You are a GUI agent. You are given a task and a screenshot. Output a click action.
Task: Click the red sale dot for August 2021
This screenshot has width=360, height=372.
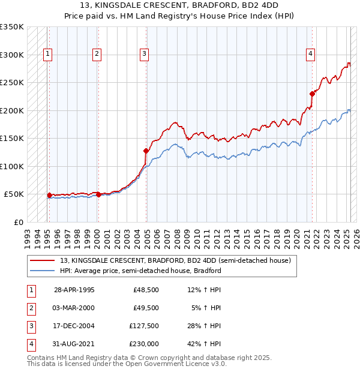(312, 94)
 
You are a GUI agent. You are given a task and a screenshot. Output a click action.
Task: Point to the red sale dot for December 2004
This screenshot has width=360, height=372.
(146, 151)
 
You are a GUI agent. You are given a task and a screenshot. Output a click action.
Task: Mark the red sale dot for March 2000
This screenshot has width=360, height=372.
(98, 194)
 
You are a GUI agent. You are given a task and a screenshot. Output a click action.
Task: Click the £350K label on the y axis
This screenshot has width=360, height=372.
(12, 27)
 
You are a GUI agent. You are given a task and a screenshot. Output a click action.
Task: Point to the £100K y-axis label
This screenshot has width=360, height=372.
(12, 166)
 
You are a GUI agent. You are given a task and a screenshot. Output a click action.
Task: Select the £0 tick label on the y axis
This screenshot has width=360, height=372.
(18, 222)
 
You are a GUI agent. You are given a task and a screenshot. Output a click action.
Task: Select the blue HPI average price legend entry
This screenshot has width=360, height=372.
(140, 271)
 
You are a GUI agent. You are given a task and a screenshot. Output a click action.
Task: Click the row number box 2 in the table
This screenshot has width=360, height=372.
(31, 308)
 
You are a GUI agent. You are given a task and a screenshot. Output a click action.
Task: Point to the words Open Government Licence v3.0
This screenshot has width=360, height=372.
(178, 364)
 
